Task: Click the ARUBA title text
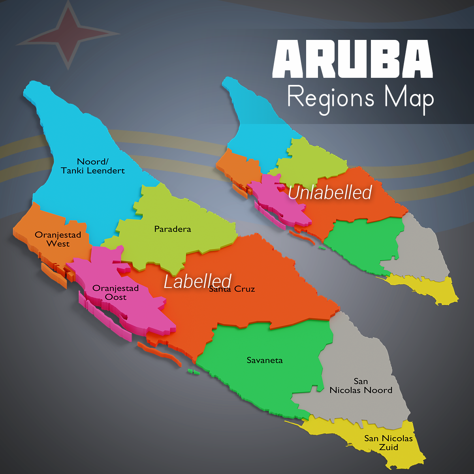coord(352,59)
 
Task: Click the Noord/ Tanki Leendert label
coord(93,166)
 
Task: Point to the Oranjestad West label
coord(58,239)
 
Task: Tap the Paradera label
coord(173,229)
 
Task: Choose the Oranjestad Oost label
coord(115,293)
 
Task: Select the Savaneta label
coord(265,360)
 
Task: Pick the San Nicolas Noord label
coord(361,386)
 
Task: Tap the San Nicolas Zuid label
coord(388,443)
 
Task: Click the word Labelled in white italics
coord(197,281)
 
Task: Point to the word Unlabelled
coord(330,192)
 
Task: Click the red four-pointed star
coord(68,33)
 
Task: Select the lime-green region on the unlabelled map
coord(312,162)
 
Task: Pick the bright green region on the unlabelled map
coord(363,241)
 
